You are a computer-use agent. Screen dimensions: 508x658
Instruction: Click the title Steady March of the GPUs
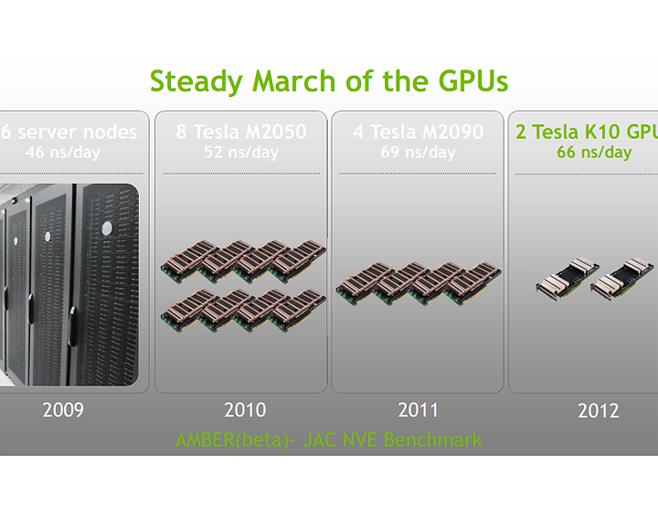(x=329, y=81)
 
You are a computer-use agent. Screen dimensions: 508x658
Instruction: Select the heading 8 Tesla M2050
(x=241, y=132)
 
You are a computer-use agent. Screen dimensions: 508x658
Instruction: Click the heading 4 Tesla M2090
(x=418, y=132)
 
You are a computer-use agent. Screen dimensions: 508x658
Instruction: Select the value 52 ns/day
(x=241, y=152)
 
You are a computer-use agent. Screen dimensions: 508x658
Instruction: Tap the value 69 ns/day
(x=418, y=152)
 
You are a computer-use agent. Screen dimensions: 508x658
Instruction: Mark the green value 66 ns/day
(x=594, y=152)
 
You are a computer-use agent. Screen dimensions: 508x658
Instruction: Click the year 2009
(x=63, y=409)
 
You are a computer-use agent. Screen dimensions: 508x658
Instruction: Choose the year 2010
(x=243, y=409)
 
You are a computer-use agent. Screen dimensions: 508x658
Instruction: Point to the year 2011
(x=418, y=409)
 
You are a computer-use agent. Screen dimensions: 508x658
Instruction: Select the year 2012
(x=598, y=411)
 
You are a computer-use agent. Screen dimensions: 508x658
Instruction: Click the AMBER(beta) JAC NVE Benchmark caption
(x=329, y=440)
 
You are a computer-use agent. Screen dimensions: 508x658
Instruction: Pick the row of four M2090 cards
(x=418, y=284)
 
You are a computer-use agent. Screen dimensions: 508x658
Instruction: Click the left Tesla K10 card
(x=567, y=281)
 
